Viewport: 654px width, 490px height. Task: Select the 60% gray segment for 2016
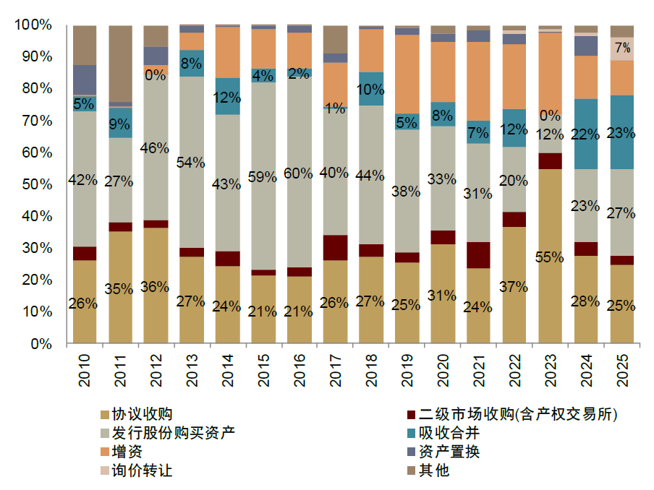[x=300, y=173]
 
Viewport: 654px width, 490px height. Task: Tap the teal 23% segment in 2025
[x=621, y=132]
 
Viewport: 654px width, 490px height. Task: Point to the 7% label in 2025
[x=622, y=48]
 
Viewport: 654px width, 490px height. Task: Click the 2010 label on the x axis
[x=85, y=366]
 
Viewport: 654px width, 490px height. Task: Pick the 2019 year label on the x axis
[x=407, y=366]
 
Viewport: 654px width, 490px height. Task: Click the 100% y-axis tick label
[x=33, y=25]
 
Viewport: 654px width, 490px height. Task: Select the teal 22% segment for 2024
[x=586, y=134]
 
